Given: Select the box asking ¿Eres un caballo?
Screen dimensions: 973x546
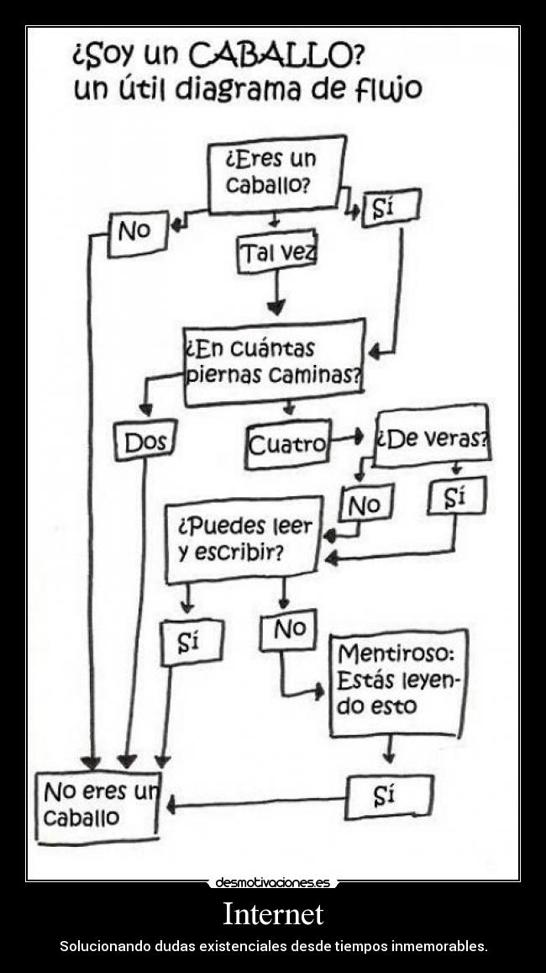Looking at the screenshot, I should [x=276, y=172].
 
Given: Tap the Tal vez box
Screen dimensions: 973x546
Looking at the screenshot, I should [x=277, y=253].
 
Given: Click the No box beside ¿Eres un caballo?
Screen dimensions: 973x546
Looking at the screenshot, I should [x=138, y=232].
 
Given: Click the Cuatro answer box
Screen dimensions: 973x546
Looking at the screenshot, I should [x=287, y=445].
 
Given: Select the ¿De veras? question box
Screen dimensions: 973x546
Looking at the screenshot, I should [x=432, y=437].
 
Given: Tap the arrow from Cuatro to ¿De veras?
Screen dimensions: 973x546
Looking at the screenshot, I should [x=347, y=437].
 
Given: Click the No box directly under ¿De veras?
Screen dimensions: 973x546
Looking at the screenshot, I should [x=365, y=504].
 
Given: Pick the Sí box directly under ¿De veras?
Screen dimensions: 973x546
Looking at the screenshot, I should [x=455, y=498].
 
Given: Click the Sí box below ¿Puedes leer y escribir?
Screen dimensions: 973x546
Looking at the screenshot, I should [x=191, y=642].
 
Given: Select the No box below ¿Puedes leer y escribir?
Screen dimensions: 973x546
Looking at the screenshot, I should [x=288, y=630].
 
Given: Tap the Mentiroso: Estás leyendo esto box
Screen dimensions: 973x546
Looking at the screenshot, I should [x=397, y=682].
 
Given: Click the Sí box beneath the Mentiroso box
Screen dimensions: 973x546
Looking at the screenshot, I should [x=389, y=796].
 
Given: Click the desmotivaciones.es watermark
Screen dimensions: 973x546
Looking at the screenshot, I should [x=273, y=882].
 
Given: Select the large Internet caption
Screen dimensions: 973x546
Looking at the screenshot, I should [x=273, y=913].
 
